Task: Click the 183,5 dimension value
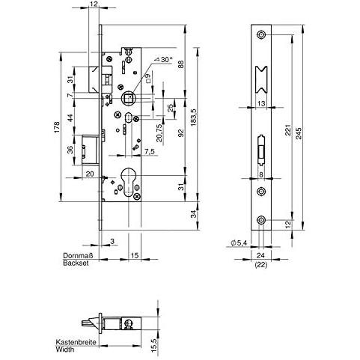pos(194,118)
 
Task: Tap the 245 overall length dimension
pos(299,133)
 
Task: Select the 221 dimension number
pos(288,130)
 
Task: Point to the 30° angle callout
pos(164,59)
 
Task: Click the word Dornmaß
pos(78,256)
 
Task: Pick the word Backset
pos(76,263)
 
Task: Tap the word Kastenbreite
pos(76,342)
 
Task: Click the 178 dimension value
pos(57,127)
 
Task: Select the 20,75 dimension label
pos(159,133)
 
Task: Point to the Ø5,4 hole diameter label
pos(239,242)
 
